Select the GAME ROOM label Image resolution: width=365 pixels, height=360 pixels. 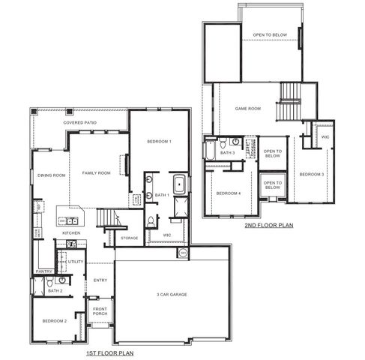pos(248,109)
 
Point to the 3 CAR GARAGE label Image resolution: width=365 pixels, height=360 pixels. pos(172,294)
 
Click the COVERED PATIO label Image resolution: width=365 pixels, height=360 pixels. pos(79,121)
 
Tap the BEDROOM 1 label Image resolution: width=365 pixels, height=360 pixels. pos(159,142)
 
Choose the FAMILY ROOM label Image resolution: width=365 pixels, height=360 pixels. pos(96,173)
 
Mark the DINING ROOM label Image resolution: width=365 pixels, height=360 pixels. pos(51,175)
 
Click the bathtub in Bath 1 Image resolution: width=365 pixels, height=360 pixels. pos(181,184)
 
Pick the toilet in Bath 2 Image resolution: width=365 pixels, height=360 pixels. pos(50,281)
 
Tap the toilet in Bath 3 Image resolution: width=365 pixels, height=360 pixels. pos(223,142)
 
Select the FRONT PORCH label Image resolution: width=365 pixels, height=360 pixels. pos(100,311)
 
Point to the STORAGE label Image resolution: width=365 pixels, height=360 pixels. pos(130,238)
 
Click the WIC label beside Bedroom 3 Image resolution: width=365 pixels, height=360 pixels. pos(325,137)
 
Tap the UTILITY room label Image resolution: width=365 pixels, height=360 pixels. pos(75,262)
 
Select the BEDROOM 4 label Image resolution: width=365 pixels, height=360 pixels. pos(228,193)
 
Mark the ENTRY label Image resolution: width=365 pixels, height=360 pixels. pos(100,280)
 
